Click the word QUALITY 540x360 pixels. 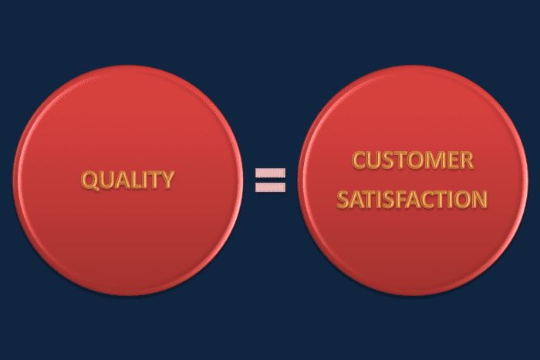[128, 180]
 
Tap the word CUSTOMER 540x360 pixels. [413, 162]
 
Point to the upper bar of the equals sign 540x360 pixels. [270, 173]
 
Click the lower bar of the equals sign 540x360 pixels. [270, 187]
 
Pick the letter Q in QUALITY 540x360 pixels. [90, 180]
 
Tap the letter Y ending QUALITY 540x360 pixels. [167, 180]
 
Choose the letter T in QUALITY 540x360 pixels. [154, 180]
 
